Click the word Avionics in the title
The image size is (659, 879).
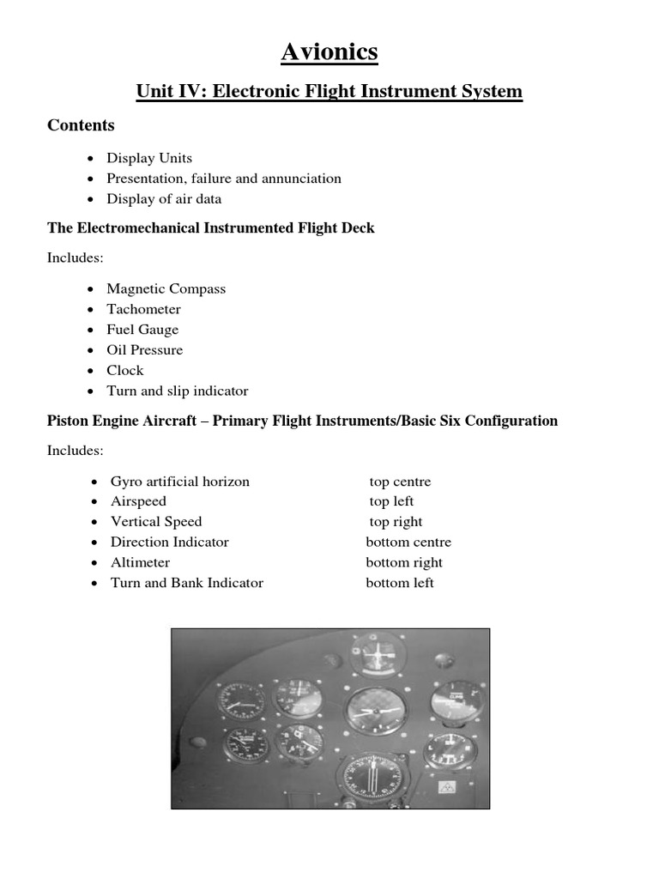click(x=329, y=53)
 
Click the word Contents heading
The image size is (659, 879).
click(x=81, y=125)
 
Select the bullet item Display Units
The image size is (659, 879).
click(x=149, y=158)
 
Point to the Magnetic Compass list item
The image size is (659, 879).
click(x=166, y=288)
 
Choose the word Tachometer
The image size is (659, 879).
click(x=143, y=309)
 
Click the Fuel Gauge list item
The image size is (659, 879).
click(x=142, y=330)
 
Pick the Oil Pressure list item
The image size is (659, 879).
click(x=144, y=350)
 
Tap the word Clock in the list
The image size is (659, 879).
click(x=124, y=371)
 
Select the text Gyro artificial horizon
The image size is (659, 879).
click(x=179, y=482)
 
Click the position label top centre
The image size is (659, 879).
click(x=400, y=482)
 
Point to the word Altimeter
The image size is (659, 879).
click(x=140, y=563)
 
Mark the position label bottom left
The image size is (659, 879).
click(x=400, y=583)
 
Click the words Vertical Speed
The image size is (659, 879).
click(x=156, y=522)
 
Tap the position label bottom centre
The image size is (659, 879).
click(x=408, y=543)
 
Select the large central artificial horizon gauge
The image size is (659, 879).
click(x=377, y=712)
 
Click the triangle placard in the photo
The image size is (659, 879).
click(x=445, y=785)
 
